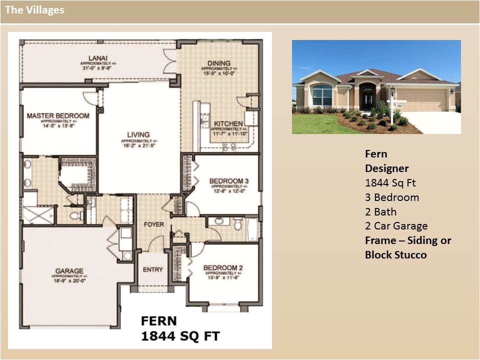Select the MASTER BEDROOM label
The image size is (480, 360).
58,116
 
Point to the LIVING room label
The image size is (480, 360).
138,134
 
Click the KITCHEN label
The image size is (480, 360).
228,123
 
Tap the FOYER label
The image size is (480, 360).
153,224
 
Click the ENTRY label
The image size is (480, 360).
152,269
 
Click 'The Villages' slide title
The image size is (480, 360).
34,10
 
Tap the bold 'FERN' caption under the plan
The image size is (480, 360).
158,320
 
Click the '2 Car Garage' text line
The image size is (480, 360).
396,226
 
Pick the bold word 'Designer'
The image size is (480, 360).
386,168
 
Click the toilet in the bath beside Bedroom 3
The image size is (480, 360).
238,224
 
